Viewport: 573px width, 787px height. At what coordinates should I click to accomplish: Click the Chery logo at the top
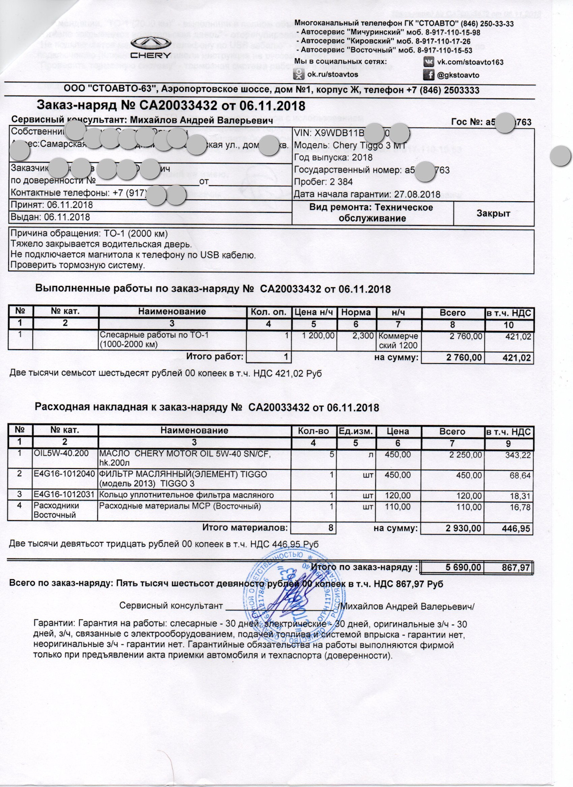click(151, 48)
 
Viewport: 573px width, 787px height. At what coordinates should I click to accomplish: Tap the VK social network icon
click(429, 62)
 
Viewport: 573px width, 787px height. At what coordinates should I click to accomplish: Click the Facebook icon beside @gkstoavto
click(429, 75)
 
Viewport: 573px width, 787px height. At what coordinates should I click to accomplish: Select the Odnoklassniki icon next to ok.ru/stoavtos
click(299, 74)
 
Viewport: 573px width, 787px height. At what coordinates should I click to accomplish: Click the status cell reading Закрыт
click(493, 213)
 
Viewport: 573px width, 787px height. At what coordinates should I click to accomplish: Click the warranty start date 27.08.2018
click(417, 194)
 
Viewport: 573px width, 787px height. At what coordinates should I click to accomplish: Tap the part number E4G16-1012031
click(64, 495)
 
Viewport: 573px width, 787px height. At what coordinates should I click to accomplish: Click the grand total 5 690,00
click(463, 567)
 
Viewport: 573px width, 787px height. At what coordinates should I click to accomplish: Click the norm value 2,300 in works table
click(363, 336)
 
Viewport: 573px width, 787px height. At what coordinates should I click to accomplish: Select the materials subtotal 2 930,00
click(463, 528)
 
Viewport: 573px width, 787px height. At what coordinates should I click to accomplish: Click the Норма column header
click(355, 312)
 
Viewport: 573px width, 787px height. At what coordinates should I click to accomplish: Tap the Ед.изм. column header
click(355, 431)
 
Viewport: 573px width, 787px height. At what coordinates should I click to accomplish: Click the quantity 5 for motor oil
click(331, 455)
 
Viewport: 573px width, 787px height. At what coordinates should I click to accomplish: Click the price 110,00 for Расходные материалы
click(398, 507)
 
